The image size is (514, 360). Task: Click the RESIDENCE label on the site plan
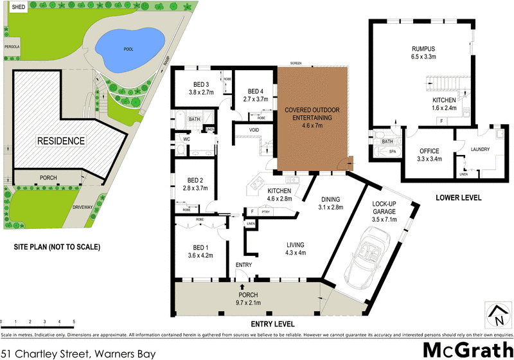60,141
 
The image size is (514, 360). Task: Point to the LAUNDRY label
480,150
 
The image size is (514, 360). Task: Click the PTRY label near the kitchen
265,212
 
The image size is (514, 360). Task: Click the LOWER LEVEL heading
458,198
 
